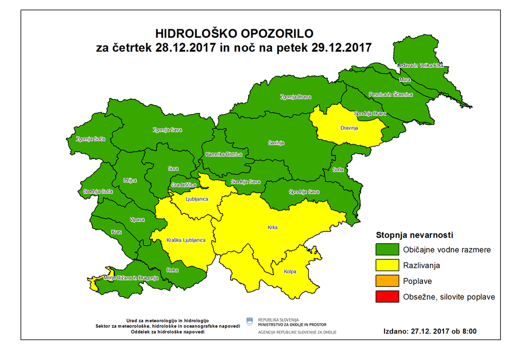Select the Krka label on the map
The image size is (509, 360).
[272, 227]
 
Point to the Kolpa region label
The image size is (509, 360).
[289, 272]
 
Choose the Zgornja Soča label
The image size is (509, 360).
[91, 139]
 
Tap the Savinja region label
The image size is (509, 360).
[276, 143]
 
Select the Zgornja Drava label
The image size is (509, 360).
[296, 97]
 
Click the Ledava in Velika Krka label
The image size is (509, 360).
[420, 66]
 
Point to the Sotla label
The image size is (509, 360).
[338, 170]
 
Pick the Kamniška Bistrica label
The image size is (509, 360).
[227, 155]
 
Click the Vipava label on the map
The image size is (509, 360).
[136, 220]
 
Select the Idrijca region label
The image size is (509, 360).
[130, 180]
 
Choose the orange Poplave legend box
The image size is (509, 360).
[386, 282]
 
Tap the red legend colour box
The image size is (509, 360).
[386, 297]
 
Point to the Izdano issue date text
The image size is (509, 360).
[429, 331]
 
